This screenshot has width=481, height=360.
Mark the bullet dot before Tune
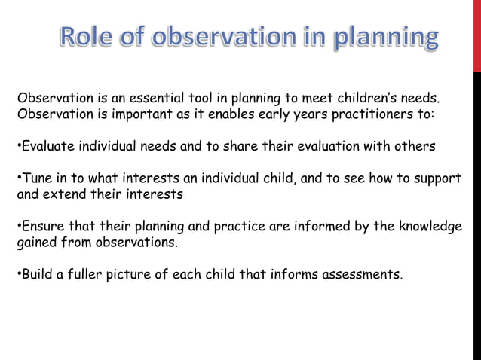(x=19, y=178)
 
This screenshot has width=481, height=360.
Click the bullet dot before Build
(x=19, y=275)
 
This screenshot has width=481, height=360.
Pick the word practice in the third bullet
(x=197, y=227)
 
